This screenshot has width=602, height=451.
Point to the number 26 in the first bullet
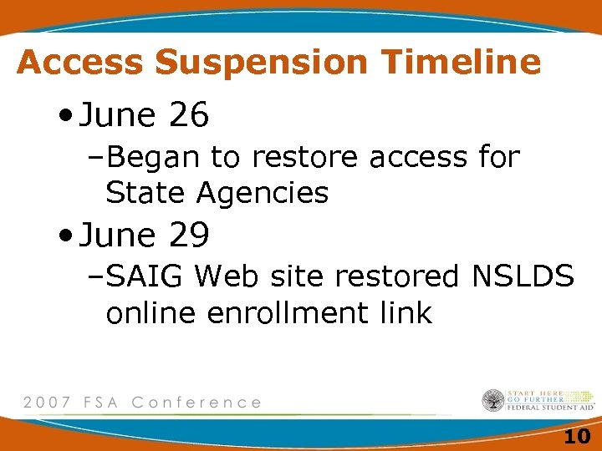[x=188, y=117]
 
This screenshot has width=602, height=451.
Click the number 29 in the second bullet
[x=188, y=236]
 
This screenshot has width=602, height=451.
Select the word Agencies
[x=263, y=193]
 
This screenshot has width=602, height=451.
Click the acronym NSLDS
[x=522, y=276]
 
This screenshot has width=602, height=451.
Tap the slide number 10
[x=576, y=436]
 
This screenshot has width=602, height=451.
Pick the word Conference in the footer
[x=196, y=403]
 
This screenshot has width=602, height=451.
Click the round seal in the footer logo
[x=493, y=401]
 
